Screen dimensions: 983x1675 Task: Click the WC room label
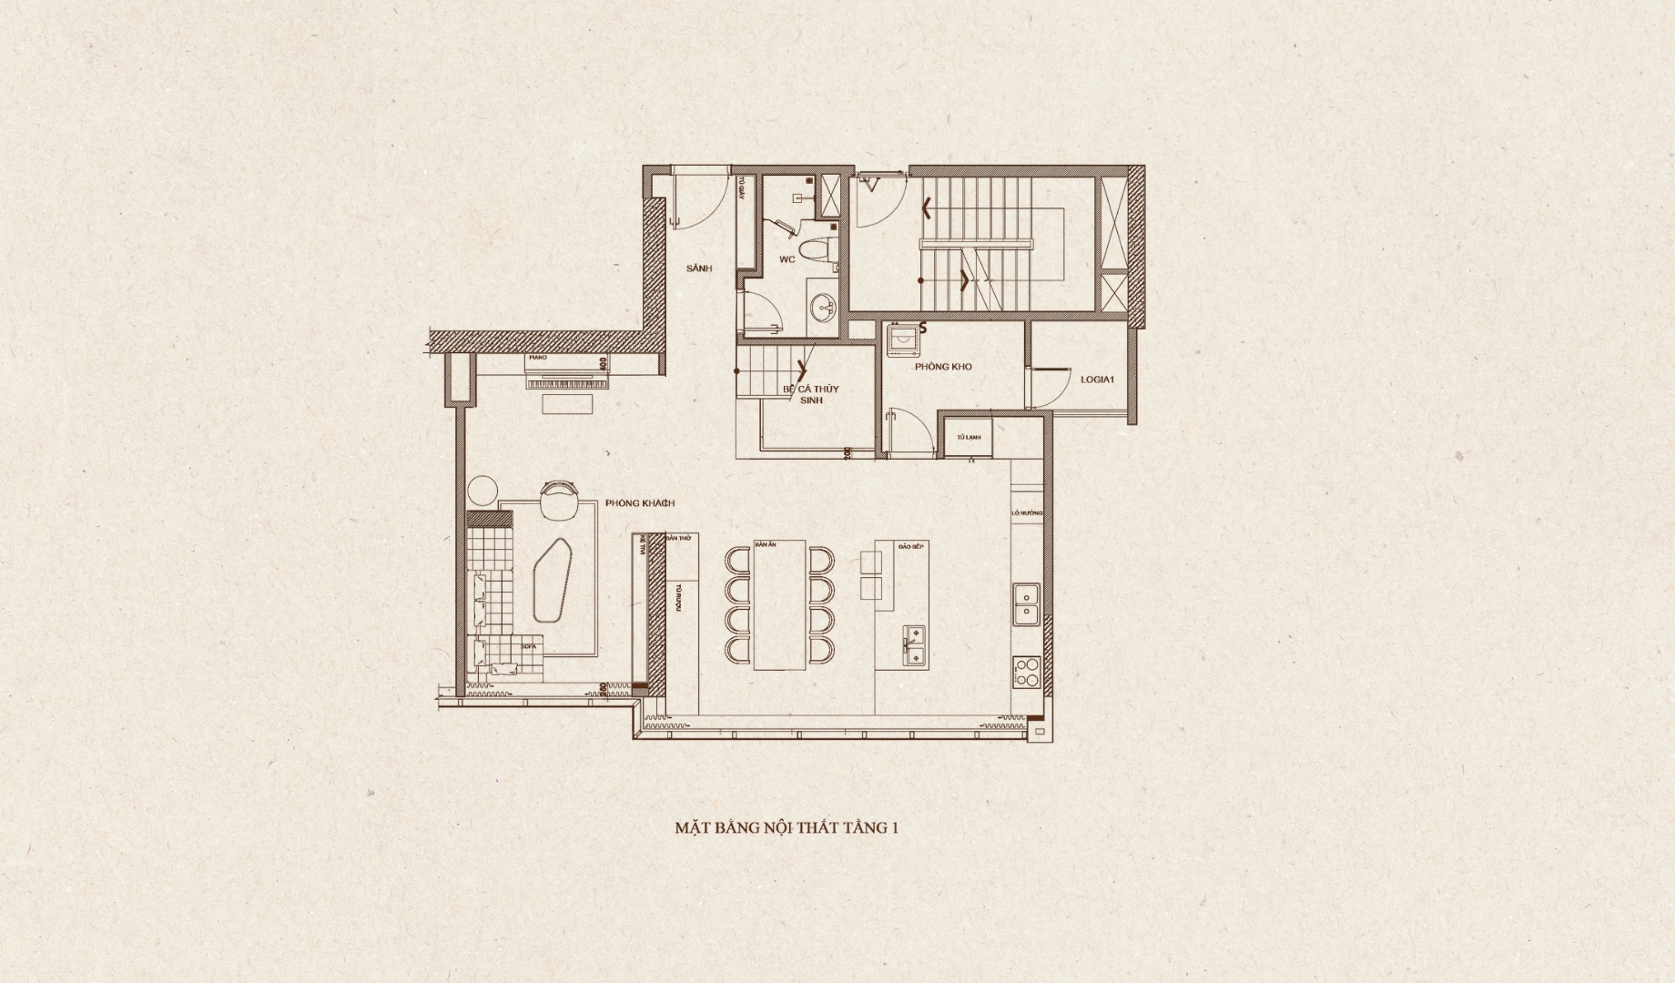tap(787, 259)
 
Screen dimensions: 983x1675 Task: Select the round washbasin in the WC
tap(827, 307)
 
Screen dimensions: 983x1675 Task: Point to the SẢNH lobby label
tap(698, 269)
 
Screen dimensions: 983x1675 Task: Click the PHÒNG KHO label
tap(943, 367)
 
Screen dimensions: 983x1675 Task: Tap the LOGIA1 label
tap(1097, 380)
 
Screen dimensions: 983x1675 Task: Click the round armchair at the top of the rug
tap(558, 500)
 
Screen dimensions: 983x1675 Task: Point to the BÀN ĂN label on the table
tap(765, 544)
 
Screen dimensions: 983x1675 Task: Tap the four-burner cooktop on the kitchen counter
tap(1025, 672)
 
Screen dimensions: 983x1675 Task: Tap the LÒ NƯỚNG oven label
tap(1026, 514)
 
